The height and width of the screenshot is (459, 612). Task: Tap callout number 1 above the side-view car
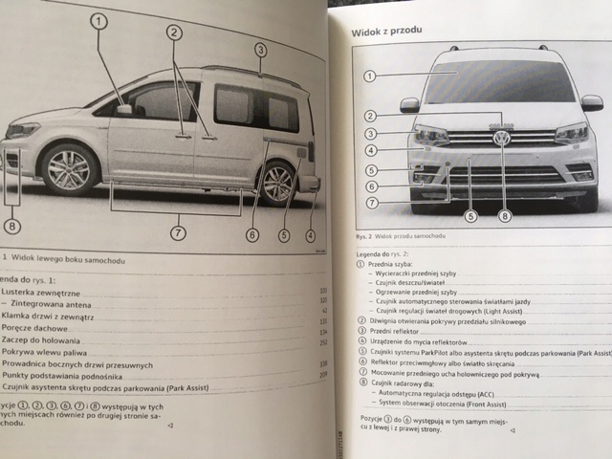(x=98, y=20)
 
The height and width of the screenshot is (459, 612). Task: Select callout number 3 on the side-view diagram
(x=260, y=50)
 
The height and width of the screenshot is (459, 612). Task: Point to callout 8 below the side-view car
(x=11, y=227)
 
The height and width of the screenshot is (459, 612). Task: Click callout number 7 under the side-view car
(x=179, y=232)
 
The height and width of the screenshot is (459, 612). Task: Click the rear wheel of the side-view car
(x=277, y=182)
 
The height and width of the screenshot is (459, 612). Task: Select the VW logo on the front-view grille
(x=501, y=137)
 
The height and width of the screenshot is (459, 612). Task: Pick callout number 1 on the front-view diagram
(x=370, y=76)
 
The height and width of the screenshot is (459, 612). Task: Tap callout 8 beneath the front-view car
(x=504, y=216)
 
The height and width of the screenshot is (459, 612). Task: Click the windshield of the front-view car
(x=500, y=81)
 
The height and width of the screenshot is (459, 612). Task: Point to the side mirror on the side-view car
(x=124, y=111)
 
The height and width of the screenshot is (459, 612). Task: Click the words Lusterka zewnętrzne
(x=40, y=292)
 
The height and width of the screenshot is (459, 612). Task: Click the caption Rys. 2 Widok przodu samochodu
(x=402, y=235)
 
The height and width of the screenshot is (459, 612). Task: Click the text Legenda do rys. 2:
(x=382, y=252)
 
